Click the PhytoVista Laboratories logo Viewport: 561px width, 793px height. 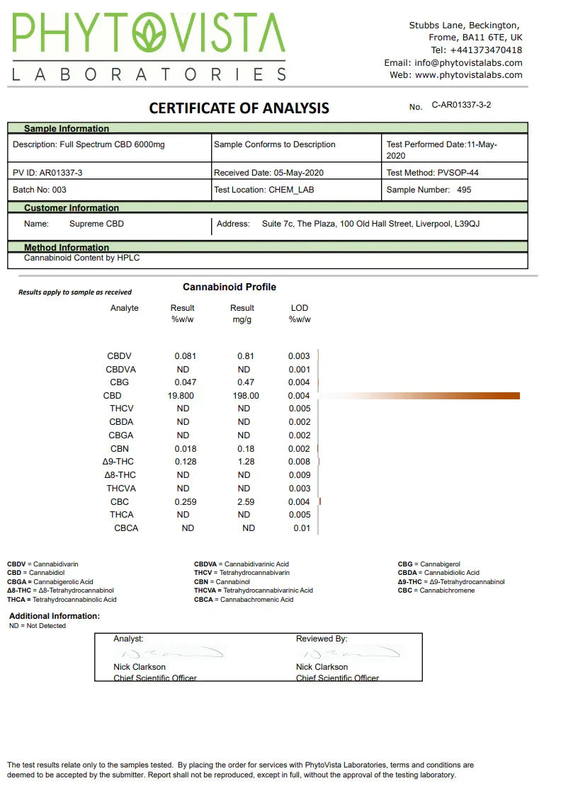pyautogui.click(x=149, y=47)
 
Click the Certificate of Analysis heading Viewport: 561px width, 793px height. pyautogui.click(x=239, y=108)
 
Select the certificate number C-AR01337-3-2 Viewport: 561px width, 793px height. pyautogui.click(x=461, y=105)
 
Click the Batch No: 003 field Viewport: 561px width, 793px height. pyautogui.click(x=40, y=190)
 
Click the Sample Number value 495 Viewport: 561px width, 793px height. pyautogui.click(x=464, y=190)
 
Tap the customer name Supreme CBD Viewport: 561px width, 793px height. pyautogui.click(x=96, y=224)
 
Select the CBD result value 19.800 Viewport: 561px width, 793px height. pyautogui.click(x=181, y=396)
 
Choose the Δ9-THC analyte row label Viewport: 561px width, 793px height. pyautogui.click(x=118, y=462)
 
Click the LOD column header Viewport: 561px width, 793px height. pyautogui.click(x=300, y=308)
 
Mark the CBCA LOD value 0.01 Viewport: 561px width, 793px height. pyautogui.click(x=302, y=528)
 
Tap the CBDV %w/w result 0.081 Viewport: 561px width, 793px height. pyautogui.click(x=186, y=356)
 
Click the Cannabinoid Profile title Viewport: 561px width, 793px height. pyautogui.click(x=229, y=287)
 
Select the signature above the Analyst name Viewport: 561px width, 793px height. pyautogui.click(x=167, y=652)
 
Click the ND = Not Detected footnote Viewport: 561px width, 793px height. pyautogui.click(x=38, y=626)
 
